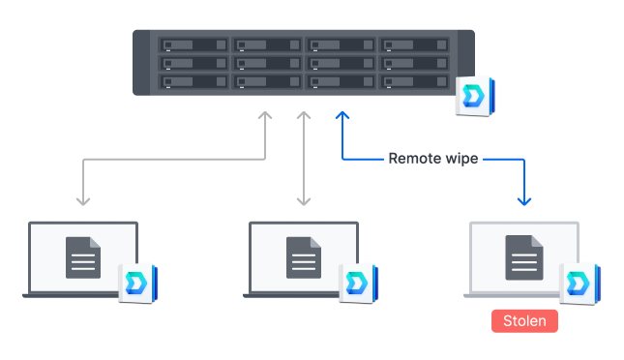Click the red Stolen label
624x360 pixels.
(524, 320)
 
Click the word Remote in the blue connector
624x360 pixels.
(416, 158)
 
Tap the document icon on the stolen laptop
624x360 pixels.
(523, 257)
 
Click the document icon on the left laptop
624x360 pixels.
(82, 257)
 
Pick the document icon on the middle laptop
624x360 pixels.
(303, 257)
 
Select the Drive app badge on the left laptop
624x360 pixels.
(137, 283)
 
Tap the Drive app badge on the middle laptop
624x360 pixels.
(358, 283)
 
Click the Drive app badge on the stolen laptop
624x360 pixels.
(579, 283)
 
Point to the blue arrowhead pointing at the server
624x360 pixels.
(341, 116)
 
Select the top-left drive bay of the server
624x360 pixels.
(193, 45)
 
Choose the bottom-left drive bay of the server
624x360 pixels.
(193, 82)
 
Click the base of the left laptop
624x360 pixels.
(82, 294)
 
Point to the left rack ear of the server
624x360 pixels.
(142, 63)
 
